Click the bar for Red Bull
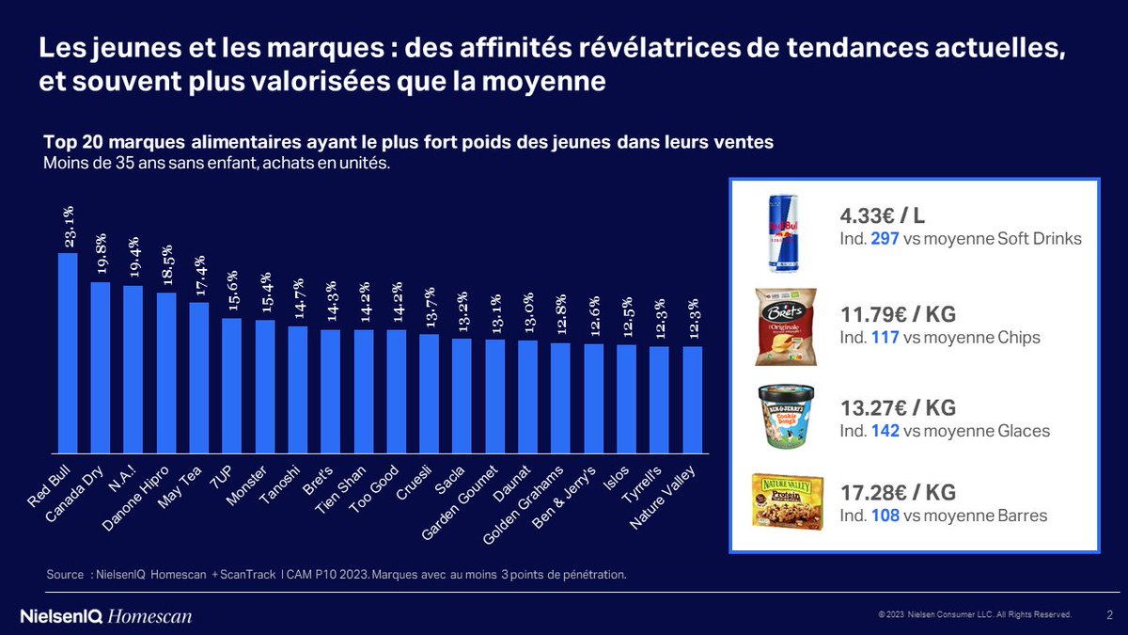coord(68,353)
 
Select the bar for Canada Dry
coord(101,367)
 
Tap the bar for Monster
coord(265,386)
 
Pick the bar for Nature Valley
coord(692,400)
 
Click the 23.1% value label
coord(69,228)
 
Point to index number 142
coord(885,431)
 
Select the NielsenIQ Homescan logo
coord(105,616)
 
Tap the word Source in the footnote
coord(64,574)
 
